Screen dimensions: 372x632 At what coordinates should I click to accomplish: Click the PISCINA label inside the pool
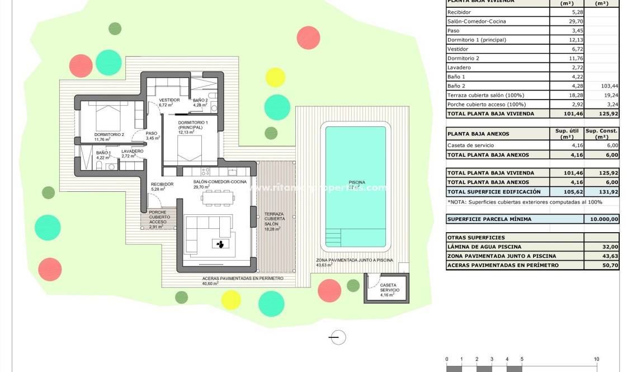(357, 183)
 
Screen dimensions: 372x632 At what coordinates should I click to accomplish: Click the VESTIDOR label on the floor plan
(169, 100)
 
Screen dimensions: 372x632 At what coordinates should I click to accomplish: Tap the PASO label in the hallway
(152, 134)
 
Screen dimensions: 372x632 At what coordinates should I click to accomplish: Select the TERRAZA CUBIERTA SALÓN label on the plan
(274, 219)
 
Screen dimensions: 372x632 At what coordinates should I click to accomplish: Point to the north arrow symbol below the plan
(337, 337)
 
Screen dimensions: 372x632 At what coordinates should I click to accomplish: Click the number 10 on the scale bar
(597, 359)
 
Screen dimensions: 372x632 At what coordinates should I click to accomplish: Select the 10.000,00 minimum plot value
(601, 219)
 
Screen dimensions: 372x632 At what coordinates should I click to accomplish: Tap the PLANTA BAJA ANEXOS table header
(479, 134)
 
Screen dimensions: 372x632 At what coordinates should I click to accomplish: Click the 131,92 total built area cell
(601, 191)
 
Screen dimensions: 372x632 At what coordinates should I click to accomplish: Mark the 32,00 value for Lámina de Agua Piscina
(601, 247)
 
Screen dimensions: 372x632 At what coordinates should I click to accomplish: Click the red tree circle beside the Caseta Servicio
(329, 290)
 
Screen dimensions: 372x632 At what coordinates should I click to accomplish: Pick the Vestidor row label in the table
(459, 49)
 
